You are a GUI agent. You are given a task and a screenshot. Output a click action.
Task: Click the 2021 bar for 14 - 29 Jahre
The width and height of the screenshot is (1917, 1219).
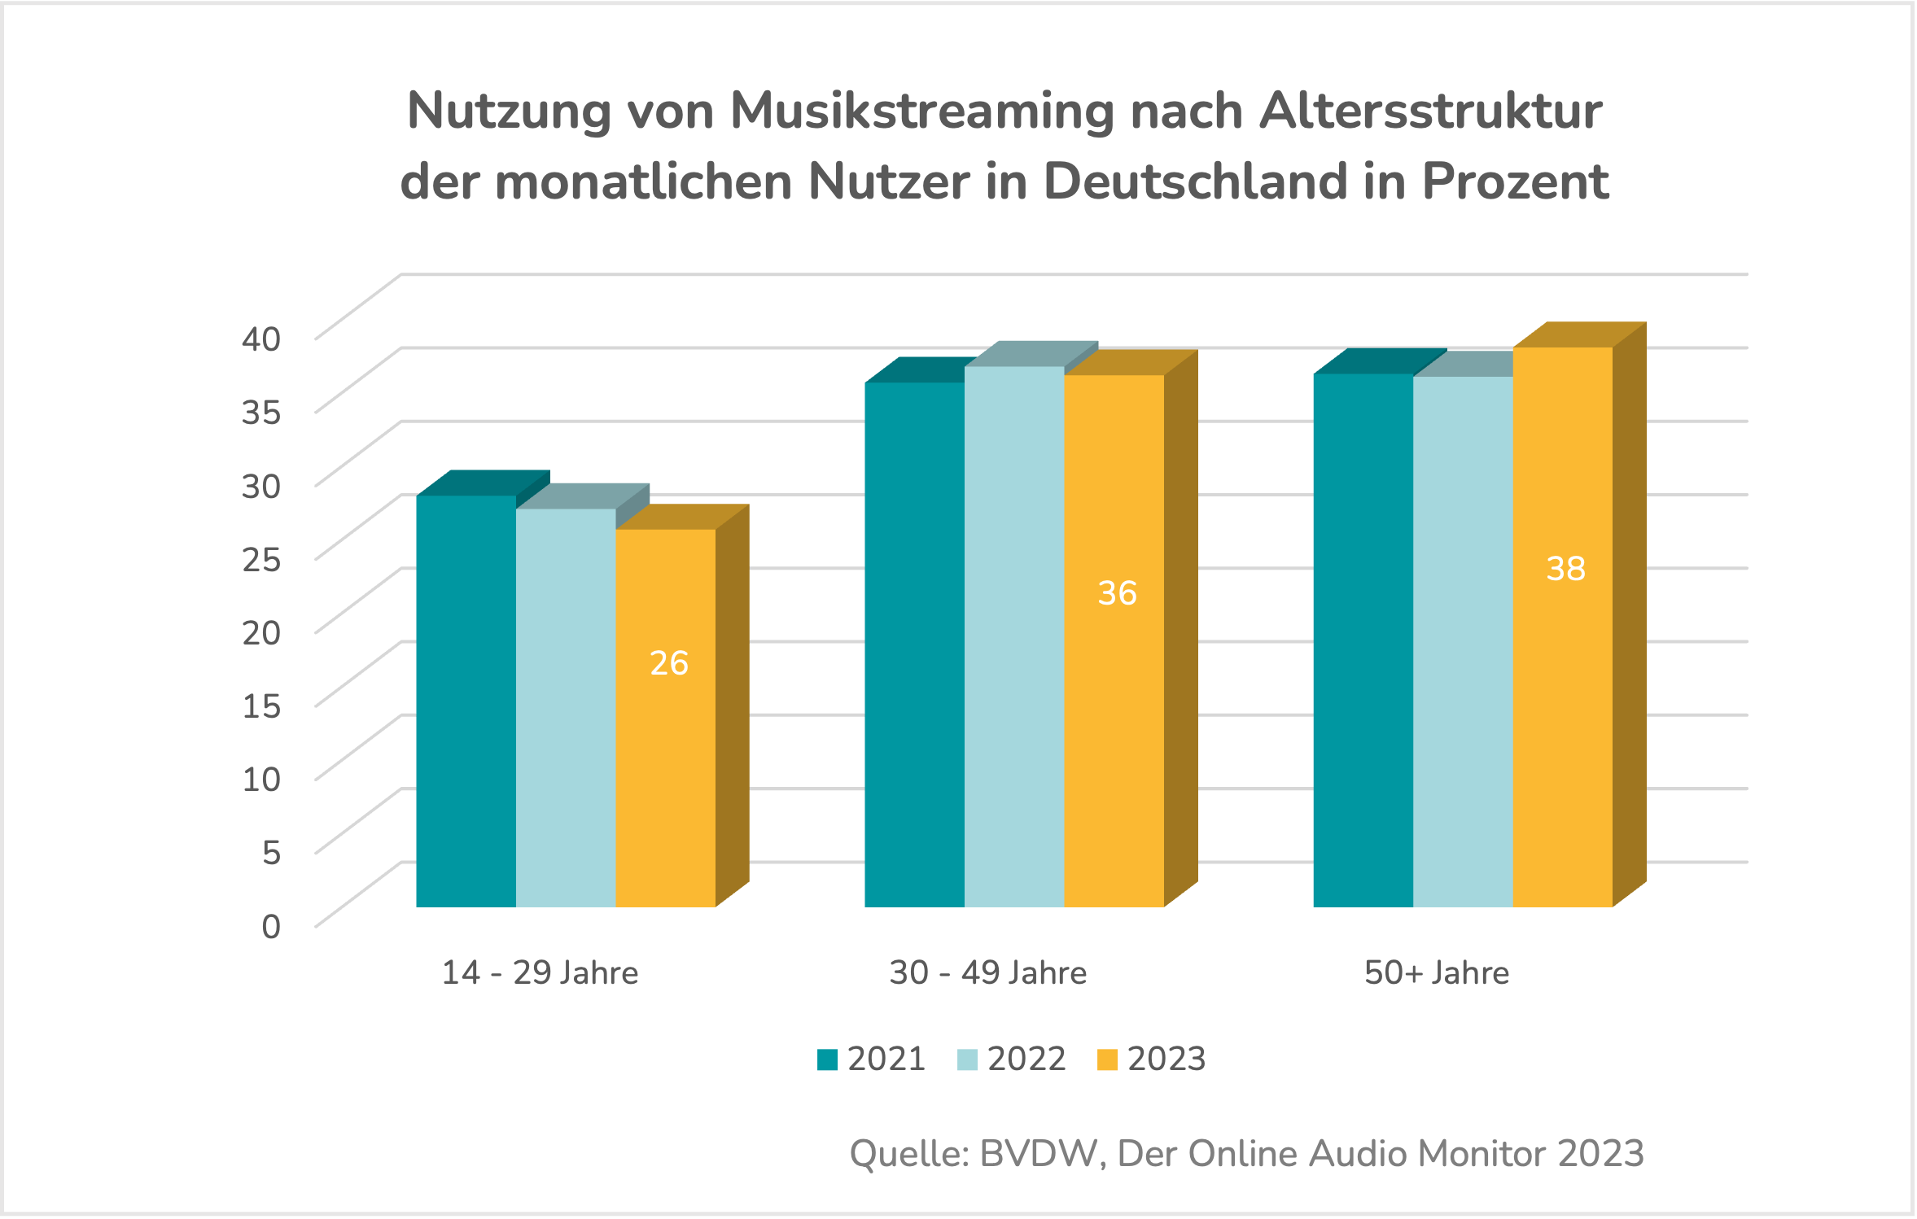[466, 700]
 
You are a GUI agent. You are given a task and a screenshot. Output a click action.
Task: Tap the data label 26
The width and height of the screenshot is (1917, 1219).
[669, 663]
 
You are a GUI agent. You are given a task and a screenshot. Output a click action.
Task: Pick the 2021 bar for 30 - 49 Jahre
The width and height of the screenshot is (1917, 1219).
[914, 643]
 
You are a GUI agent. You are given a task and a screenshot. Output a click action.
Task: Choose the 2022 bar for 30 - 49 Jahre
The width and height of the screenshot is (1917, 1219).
[1014, 635]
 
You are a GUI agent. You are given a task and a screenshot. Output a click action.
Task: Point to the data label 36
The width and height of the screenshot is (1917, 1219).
[1117, 593]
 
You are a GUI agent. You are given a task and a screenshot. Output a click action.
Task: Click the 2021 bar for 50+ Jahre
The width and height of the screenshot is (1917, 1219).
[1363, 640]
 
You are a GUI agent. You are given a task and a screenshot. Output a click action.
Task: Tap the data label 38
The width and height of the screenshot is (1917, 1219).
[1565, 569]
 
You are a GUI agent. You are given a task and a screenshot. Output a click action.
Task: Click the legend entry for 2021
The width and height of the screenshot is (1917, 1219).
[872, 1059]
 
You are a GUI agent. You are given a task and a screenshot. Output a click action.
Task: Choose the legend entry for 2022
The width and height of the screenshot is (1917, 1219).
[1012, 1059]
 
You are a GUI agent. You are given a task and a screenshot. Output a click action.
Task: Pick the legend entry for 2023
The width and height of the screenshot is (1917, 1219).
[1152, 1059]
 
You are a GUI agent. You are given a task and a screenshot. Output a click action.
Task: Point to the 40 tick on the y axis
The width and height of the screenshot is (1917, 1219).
[261, 339]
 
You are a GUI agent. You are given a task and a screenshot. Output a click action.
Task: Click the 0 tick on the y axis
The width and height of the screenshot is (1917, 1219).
[271, 926]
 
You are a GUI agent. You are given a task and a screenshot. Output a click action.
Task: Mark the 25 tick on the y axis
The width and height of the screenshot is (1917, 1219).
[261, 559]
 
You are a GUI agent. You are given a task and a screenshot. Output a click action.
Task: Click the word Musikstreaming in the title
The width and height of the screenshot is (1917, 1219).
[921, 111]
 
